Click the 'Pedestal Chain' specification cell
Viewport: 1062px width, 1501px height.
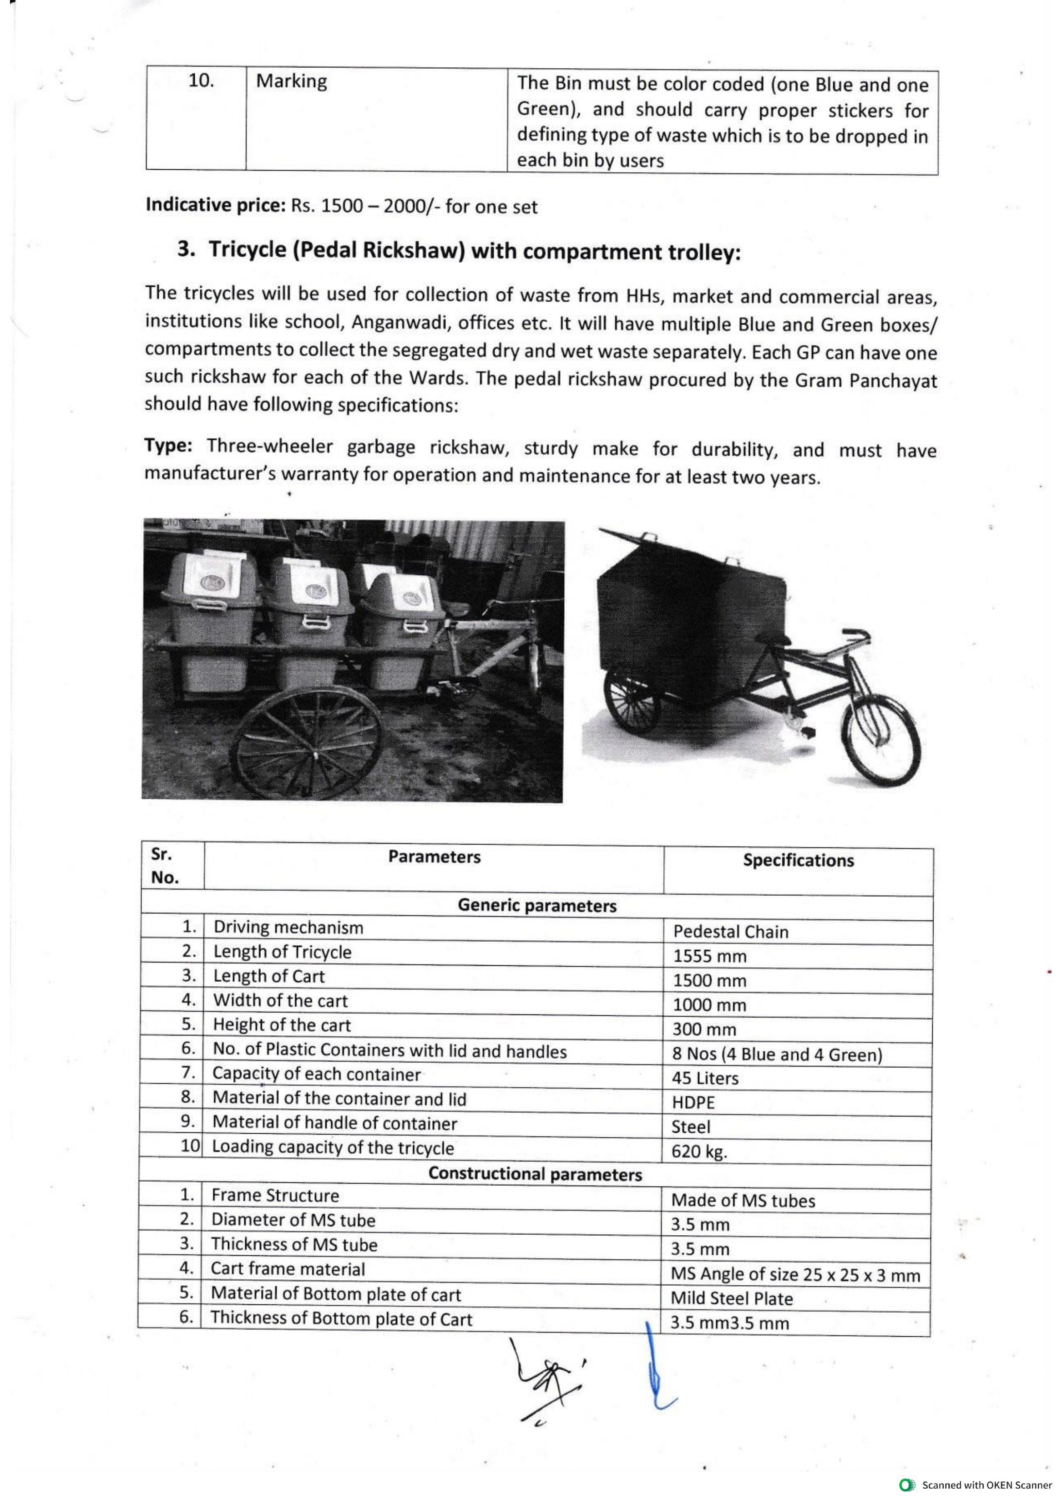tap(730, 931)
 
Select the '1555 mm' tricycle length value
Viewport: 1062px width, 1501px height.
tap(709, 956)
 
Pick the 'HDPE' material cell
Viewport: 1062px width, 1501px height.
tap(693, 1103)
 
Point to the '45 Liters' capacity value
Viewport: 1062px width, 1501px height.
tap(705, 1078)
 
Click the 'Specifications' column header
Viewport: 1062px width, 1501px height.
tap(798, 860)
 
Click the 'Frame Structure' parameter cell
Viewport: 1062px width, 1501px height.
tap(275, 1196)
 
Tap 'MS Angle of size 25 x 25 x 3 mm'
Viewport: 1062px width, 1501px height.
tap(795, 1274)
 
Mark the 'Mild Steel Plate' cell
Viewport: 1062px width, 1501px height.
tap(732, 1298)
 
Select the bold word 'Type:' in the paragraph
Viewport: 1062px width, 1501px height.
tap(168, 446)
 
